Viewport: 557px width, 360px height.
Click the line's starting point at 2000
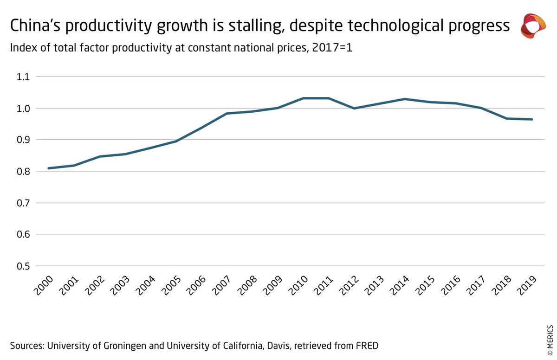49,168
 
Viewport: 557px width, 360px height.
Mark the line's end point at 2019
532,119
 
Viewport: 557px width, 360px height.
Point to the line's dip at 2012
354,108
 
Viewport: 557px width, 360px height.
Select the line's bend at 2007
227,113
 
